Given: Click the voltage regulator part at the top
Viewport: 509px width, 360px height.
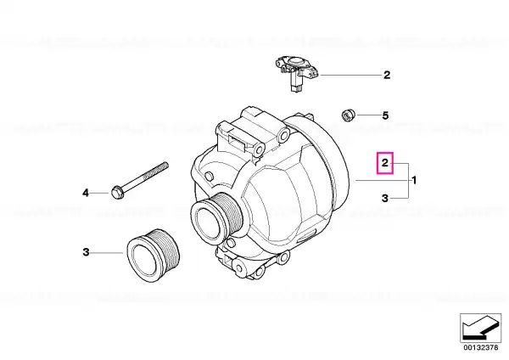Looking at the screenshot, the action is coord(297,73).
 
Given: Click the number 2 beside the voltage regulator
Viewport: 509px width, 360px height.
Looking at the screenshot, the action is coord(387,75).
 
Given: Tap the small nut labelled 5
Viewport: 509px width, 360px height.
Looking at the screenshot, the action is coord(349,115).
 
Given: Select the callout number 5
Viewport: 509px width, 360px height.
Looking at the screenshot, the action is coord(385,115).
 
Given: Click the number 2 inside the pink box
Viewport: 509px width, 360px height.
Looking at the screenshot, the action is coord(385,162).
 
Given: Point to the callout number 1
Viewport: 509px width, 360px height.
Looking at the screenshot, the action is coord(414,180).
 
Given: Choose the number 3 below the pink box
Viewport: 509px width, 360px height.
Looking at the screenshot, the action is coord(385,198).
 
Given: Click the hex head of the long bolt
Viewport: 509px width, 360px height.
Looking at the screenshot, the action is coord(117,192).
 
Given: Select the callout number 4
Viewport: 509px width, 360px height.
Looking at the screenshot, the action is coord(86,193).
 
